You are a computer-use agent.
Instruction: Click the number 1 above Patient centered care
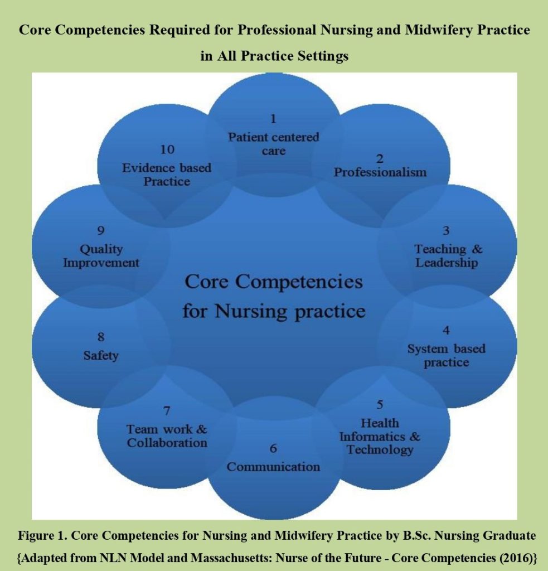click(x=273, y=118)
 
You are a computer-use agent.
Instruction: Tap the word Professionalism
click(x=380, y=172)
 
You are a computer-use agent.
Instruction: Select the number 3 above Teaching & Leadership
click(x=447, y=230)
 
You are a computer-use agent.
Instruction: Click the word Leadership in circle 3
click(x=447, y=263)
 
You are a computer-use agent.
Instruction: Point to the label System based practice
click(x=446, y=355)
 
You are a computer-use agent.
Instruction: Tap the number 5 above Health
click(x=380, y=404)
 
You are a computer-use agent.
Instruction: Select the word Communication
click(x=273, y=467)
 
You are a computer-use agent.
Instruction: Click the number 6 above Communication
click(x=273, y=448)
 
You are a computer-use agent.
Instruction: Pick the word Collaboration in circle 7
click(x=167, y=443)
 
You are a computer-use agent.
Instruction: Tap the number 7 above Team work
click(x=167, y=411)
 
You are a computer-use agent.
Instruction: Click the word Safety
click(x=101, y=355)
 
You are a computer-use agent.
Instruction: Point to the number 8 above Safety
click(x=101, y=337)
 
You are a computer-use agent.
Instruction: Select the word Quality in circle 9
click(x=101, y=249)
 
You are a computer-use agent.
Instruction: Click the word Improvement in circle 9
click(x=101, y=263)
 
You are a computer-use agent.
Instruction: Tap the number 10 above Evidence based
click(x=167, y=149)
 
